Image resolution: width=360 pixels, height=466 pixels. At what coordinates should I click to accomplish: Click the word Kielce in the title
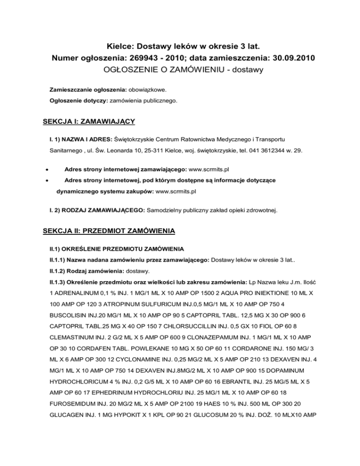click(120, 46)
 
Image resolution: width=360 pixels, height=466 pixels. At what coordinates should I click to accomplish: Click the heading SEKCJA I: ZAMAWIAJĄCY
click(89, 122)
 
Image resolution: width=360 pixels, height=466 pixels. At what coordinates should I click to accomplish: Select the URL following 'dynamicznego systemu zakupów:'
click(175, 192)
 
